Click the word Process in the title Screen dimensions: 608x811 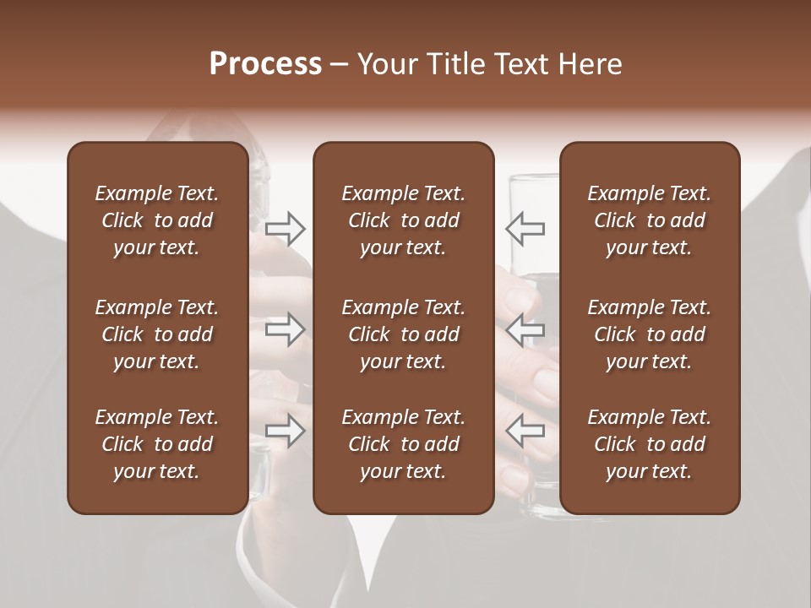(x=265, y=64)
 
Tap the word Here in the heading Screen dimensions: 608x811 (x=591, y=64)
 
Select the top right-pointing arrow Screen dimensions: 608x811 (x=286, y=228)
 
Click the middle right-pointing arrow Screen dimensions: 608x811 (x=286, y=329)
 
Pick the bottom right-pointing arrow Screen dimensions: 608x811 (x=286, y=431)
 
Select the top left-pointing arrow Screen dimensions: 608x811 (x=525, y=228)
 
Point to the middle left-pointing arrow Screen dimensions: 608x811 (x=525, y=329)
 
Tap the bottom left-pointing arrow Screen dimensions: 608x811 (x=525, y=431)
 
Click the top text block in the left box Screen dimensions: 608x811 (x=157, y=220)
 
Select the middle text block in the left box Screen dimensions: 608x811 (x=157, y=334)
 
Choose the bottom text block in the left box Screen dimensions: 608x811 (x=157, y=444)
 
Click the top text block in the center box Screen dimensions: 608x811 (x=403, y=220)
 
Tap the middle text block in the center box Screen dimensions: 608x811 (x=403, y=334)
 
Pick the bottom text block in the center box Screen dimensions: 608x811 (x=403, y=444)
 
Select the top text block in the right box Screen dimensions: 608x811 (x=649, y=220)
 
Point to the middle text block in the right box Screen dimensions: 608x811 (x=649, y=334)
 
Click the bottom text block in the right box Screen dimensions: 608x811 (x=649, y=444)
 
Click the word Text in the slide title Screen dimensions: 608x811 (x=522, y=64)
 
